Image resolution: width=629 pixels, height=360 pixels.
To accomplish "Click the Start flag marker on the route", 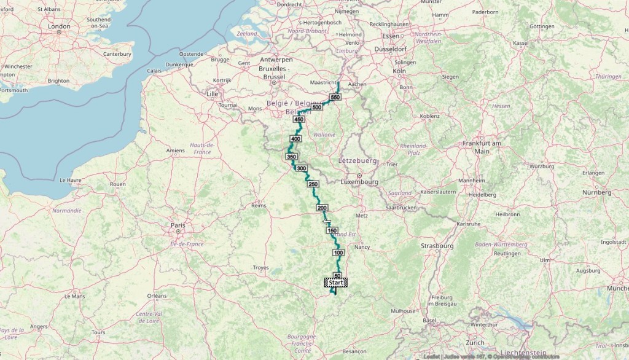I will point(336,282).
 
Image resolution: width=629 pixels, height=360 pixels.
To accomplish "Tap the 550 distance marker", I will point(335,97).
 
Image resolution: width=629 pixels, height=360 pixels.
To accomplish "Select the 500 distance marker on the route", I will point(317,108).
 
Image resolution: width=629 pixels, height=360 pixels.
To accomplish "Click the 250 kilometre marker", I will point(313,184).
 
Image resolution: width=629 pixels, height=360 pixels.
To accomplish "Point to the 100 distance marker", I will point(338,252).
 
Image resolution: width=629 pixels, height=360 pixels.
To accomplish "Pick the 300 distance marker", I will point(301,168).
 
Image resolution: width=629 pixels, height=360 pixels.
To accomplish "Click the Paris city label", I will point(178,226).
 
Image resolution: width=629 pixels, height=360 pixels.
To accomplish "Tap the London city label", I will point(59,26).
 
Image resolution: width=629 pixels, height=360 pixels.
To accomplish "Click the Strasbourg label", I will point(437,246).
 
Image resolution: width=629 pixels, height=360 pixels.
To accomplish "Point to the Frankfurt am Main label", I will point(482,147).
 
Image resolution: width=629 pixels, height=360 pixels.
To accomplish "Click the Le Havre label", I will point(71,181).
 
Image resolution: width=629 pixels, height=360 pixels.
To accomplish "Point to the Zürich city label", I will point(475,342).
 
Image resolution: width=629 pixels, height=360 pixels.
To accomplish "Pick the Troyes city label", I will point(261,268).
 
